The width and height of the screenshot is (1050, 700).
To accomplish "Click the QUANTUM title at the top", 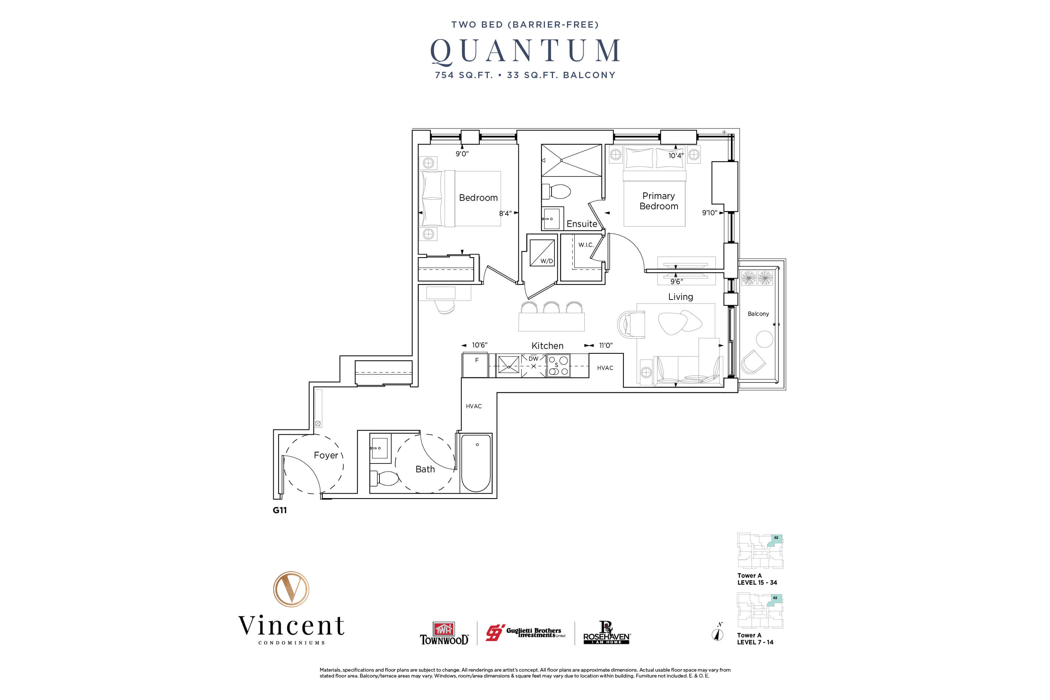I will (525, 50).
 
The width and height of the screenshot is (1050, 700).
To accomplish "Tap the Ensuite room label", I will (581, 224).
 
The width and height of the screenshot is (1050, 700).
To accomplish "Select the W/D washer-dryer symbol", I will (542, 253).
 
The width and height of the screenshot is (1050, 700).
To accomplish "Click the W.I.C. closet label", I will (586, 245).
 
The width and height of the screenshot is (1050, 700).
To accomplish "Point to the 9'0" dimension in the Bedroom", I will (462, 154).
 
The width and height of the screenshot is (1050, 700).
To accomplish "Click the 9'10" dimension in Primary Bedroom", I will (709, 213).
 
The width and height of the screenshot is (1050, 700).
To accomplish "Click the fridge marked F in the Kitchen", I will (476, 365).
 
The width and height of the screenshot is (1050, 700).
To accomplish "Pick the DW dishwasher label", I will (533, 358).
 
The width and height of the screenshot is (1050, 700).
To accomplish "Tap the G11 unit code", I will (280, 510).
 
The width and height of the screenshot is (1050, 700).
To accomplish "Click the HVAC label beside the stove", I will (605, 368).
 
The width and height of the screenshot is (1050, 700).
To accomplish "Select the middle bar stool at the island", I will (551, 308).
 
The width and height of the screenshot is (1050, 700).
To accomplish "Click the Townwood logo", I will (444, 633).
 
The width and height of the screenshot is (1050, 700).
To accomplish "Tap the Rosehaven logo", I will (607, 633).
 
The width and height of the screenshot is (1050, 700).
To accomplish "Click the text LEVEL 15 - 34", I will (757, 582).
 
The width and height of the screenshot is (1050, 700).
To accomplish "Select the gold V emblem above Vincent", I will (291, 589).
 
